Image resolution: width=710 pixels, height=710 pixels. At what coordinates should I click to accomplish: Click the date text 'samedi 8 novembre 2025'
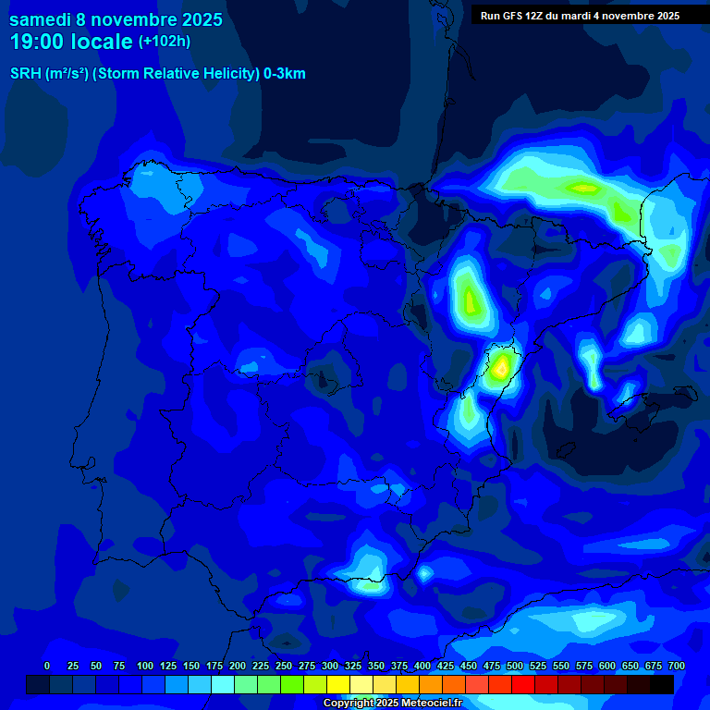pos(116,19)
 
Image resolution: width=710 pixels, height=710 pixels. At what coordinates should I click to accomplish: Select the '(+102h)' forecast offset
pos(165,42)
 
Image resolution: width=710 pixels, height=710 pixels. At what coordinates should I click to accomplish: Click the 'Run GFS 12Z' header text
pos(509,16)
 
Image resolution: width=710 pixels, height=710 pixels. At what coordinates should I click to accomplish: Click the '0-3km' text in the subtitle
pos(284,74)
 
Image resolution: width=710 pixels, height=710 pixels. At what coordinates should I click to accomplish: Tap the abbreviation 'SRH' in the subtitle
pos(25,74)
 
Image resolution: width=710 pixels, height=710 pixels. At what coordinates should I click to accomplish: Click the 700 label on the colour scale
pos(676,667)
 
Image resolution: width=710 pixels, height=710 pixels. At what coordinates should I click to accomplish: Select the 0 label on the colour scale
pos(47,667)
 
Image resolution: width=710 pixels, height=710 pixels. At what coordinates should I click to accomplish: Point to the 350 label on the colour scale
pos(376,667)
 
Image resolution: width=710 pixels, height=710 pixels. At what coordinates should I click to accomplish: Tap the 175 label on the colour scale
pos(214,667)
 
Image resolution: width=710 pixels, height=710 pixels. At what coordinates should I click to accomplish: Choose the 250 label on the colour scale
pos(284,667)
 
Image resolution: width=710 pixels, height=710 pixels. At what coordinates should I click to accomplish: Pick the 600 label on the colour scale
pos(607,667)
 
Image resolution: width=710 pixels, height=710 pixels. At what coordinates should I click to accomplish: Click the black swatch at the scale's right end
pos(662,685)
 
